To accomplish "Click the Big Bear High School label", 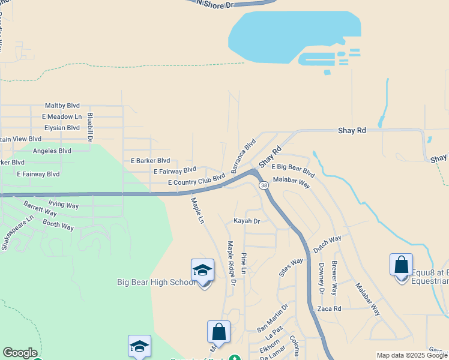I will [x=155, y=282].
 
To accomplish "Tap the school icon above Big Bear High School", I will [x=202, y=271].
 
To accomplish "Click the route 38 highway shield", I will [x=264, y=186].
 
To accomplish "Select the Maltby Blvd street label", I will [x=62, y=106].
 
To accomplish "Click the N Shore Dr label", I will [x=215, y=4].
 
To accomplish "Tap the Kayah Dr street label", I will [x=247, y=221].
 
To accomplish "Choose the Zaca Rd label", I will [x=330, y=308].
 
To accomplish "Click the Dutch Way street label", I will [x=327, y=243].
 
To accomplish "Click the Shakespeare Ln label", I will [x=13, y=234].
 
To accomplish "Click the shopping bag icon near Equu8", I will [x=401, y=265].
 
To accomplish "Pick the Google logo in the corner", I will [x=20, y=353].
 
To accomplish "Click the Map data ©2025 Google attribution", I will [x=412, y=356].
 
